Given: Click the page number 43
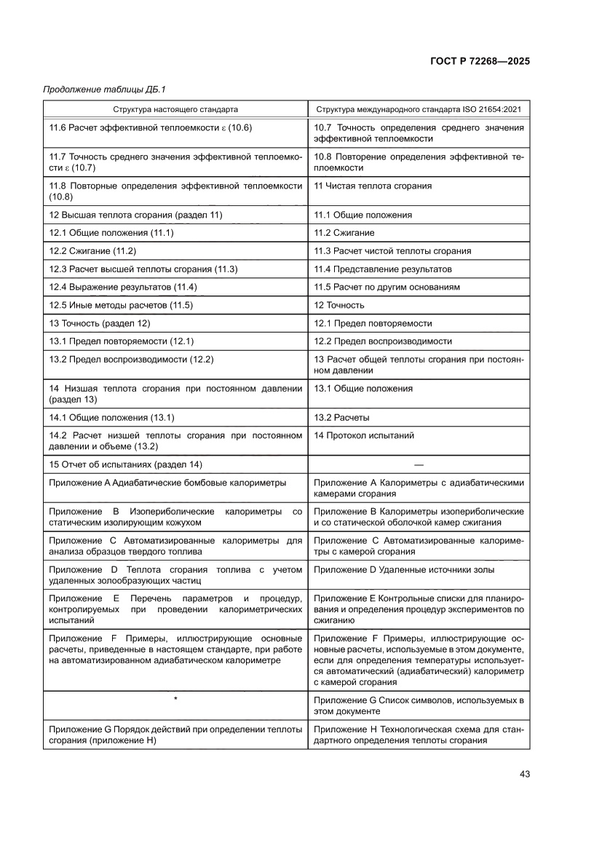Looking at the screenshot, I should (523, 773).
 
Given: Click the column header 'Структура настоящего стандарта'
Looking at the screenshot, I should (175, 110).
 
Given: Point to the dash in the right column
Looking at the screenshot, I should (419, 464).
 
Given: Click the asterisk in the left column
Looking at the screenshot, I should (175, 700).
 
